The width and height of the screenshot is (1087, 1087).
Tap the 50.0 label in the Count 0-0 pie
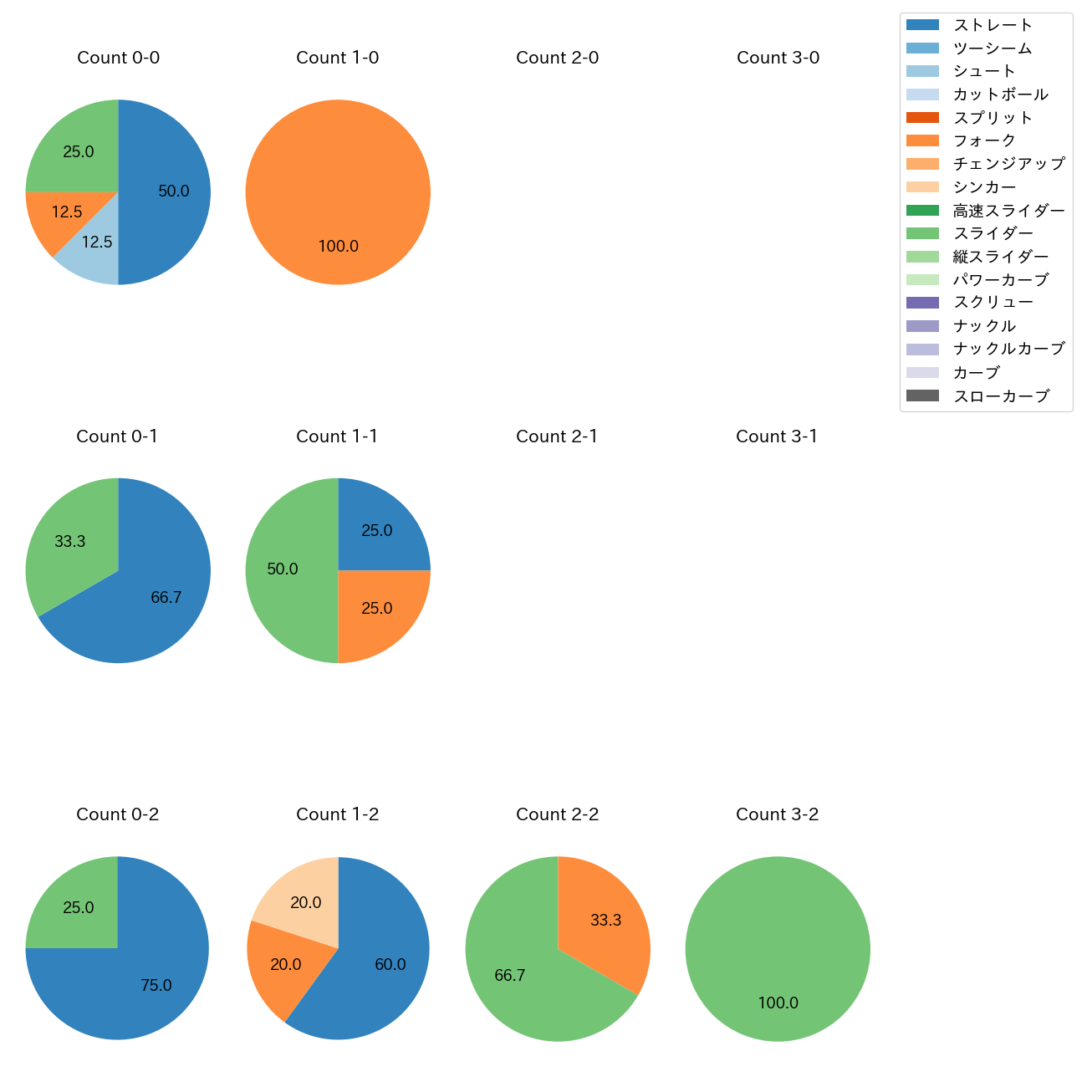coord(174,191)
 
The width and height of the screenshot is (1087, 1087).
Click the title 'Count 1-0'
coord(338,58)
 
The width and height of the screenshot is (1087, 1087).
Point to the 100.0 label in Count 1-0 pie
coord(339,247)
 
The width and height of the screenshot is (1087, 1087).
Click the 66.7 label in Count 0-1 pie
coord(166,598)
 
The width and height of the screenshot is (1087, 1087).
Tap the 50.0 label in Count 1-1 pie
coord(283,569)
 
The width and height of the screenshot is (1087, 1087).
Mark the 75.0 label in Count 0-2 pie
coord(156,986)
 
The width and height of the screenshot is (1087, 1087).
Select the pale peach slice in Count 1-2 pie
coord(301,895)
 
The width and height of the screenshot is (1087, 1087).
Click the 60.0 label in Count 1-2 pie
coord(390,965)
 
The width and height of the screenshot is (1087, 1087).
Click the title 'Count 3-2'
coord(778,814)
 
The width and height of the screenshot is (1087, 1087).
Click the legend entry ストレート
coord(993,25)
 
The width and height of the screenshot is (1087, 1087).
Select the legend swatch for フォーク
coord(922,140)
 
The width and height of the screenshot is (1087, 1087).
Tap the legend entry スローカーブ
coord(1001,396)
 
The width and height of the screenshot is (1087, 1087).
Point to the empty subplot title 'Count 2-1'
coord(557,436)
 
